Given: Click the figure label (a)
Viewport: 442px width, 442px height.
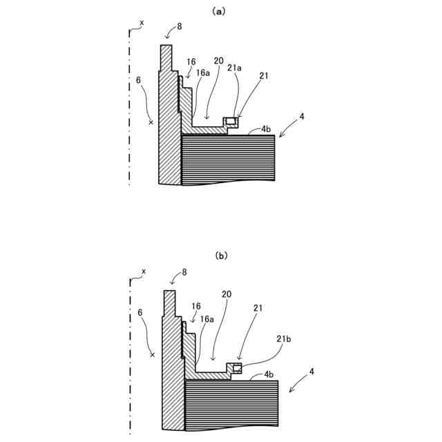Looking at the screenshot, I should tap(220, 10).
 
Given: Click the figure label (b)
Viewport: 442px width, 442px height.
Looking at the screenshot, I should tap(221, 256).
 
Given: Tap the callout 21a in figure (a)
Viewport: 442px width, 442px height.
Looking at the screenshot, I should tap(234, 68).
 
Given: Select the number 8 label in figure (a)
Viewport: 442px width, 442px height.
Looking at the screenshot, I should tap(180, 26).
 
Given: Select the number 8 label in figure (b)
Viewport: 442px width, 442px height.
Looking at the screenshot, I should tap(184, 273).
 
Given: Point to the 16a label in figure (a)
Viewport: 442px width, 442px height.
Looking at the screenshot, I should tap(203, 73).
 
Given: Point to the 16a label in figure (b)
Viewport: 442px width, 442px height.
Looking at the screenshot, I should tap(207, 319).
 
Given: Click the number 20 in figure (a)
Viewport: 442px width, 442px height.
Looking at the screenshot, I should tap(218, 61).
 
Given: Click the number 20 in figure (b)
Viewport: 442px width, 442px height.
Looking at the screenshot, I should tap(227, 294).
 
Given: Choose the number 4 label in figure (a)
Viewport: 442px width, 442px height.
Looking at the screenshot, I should tap(302, 117).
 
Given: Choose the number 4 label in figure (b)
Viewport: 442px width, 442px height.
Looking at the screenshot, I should tap(312, 372).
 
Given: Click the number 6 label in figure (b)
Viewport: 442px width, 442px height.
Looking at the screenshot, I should tap(141, 312).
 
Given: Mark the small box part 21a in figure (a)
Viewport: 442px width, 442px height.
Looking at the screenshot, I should tap(232, 123).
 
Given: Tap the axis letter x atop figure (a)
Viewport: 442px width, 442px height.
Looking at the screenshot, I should tap(142, 23).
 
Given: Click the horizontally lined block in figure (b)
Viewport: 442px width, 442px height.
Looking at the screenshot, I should tap(232, 403).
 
